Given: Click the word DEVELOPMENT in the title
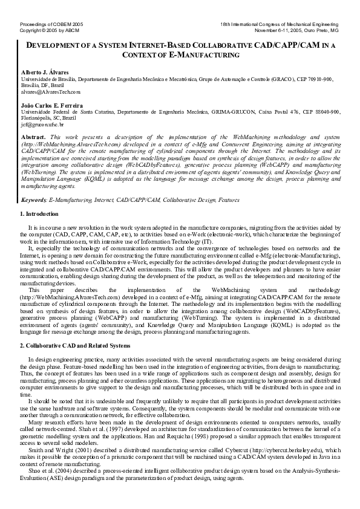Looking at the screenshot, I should point(54,45).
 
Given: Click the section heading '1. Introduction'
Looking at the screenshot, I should point(40,197).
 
